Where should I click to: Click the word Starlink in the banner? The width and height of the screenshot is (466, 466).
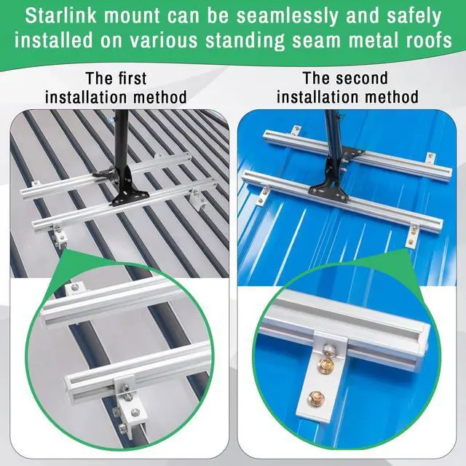pos(61,16)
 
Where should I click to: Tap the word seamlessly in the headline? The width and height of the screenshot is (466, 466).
pos(288,17)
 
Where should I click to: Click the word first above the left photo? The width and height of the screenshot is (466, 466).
pos(133,79)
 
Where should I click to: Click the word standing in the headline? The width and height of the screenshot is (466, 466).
pos(245,41)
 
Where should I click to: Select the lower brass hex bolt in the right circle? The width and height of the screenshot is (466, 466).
pos(316,398)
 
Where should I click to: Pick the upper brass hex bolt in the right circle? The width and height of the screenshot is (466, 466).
pos(326,365)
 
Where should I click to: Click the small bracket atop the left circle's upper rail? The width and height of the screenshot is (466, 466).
pos(75,288)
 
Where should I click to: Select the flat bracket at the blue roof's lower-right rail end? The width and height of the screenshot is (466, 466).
pos(413,234)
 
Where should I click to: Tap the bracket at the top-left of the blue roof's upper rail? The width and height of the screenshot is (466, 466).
pos(296,130)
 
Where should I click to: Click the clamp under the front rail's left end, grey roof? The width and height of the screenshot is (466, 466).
pos(60,236)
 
